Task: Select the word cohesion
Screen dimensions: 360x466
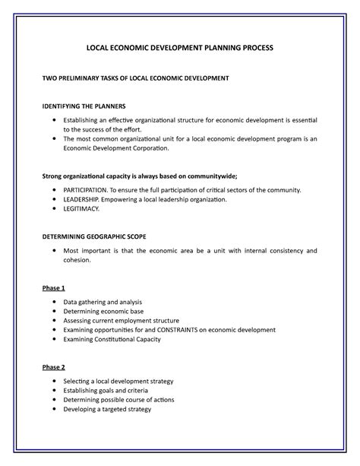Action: click(77, 260)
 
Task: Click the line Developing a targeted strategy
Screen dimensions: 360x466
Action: click(107, 408)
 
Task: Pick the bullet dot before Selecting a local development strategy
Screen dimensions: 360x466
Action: click(53, 380)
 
